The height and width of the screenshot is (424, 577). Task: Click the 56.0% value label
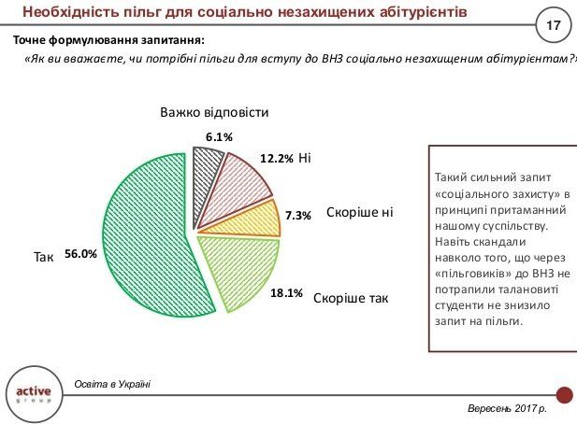point(81,253)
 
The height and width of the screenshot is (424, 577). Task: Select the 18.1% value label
point(286,293)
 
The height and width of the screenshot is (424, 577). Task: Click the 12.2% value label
point(277,159)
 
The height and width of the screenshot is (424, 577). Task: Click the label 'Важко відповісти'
point(214,113)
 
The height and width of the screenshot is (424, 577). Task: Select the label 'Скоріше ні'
point(360,213)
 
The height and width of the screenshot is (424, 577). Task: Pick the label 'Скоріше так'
point(351,299)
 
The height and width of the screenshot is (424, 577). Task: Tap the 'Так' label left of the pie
point(43,254)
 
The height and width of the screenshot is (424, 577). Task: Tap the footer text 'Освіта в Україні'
point(113,384)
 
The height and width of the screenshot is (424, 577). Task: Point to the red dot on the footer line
point(564,394)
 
